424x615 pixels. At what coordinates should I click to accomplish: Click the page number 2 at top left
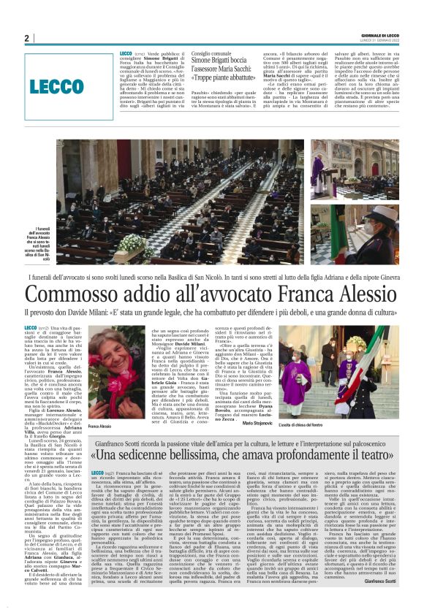(26, 39)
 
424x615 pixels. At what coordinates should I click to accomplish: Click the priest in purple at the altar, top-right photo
(319, 164)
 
